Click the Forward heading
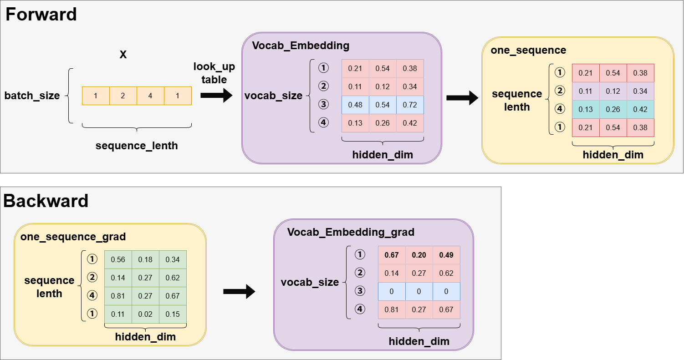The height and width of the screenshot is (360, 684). (41, 15)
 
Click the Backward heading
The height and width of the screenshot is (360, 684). (46, 201)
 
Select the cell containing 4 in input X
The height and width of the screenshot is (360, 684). (150, 96)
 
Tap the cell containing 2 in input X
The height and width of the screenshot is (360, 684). (123, 96)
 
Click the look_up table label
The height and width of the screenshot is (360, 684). (214, 73)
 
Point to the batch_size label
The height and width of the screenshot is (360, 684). (32, 96)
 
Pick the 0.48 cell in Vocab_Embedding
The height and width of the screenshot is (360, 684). (355, 105)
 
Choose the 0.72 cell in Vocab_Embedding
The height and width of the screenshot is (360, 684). (410, 105)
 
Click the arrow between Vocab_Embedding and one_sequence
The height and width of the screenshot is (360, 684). (462, 97)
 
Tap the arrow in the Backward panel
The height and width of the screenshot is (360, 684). (239, 292)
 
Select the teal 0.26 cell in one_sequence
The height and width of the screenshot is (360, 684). (613, 109)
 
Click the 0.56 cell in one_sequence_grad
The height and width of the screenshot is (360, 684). (118, 259)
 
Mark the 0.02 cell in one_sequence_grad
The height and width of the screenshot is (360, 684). (145, 314)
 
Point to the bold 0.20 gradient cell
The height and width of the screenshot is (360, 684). (419, 255)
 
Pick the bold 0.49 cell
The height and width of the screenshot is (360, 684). (446, 255)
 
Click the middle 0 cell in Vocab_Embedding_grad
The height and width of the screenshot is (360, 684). (419, 292)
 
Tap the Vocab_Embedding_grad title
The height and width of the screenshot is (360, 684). (351, 233)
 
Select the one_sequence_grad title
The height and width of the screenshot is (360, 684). (73, 237)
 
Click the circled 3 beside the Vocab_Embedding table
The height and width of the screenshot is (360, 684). (323, 105)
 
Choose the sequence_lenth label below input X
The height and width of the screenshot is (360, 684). (137, 146)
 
